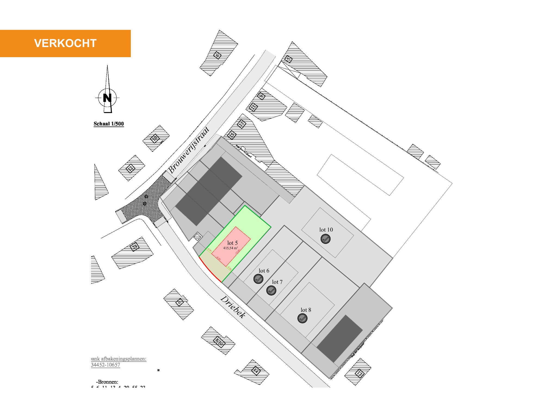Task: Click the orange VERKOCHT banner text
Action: (x=65, y=43)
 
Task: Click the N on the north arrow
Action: (x=107, y=98)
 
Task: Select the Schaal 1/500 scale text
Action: (x=109, y=124)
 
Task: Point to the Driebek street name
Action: (x=233, y=307)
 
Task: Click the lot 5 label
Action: (x=233, y=243)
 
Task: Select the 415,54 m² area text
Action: (x=230, y=248)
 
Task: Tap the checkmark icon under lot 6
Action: (x=258, y=279)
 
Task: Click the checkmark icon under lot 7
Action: (x=271, y=290)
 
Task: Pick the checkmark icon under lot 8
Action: (x=302, y=318)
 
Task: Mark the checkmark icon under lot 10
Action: (x=326, y=239)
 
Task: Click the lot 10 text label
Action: (x=326, y=230)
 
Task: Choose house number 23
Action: (x=135, y=247)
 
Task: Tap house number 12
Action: (x=131, y=168)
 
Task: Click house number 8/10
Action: (x=219, y=341)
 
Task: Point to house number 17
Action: (x=360, y=374)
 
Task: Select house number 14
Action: (x=256, y=370)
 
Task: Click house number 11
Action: (x=253, y=107)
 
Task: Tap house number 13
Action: (x=241, y=124)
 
